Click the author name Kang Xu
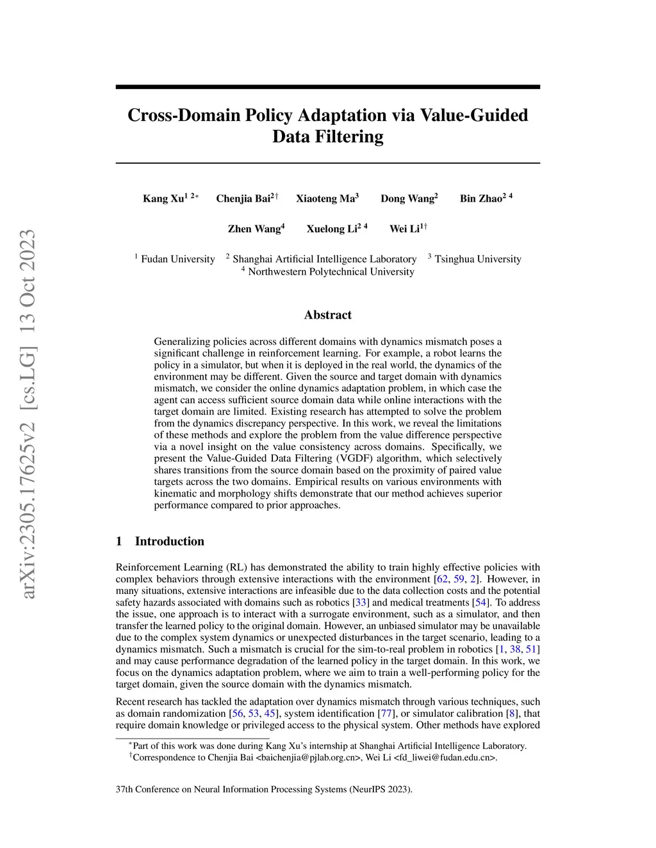point(163,198)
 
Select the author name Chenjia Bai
point(243,198)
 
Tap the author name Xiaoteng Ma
point(325,198)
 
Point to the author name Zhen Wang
point(254,229)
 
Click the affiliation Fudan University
point(177,259)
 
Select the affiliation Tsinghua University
point(477,259)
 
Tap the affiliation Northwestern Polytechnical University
point(331,272)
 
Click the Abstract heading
point(327,315)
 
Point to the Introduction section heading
point(169,541)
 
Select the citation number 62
point(442,579)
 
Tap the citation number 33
point(361,602)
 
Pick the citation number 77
point(387,714)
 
